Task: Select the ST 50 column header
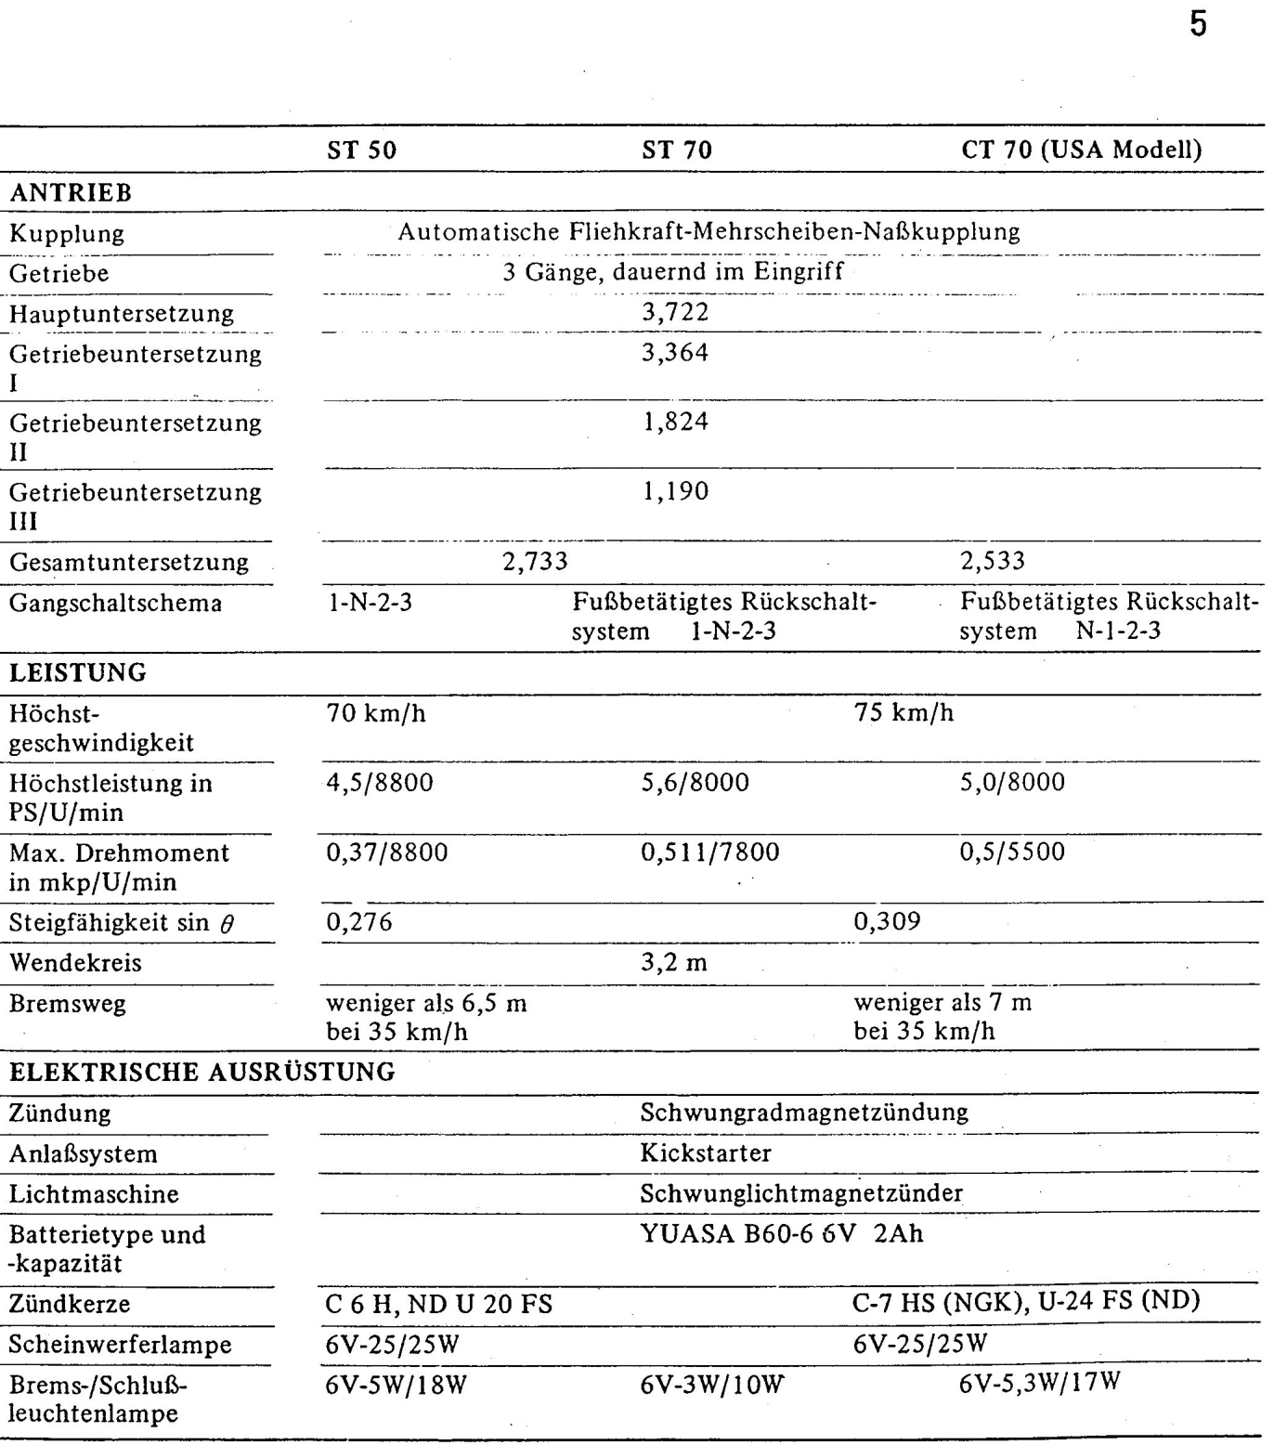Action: tap(361, 150)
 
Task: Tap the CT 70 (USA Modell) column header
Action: tap(1081, 150)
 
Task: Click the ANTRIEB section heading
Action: tap(71, 193)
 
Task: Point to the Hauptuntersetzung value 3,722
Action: tap(675, 312)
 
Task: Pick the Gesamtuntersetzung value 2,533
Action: tap(993, 561)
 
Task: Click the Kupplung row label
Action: tap(67, 233)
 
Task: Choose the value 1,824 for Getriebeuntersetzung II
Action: tap(675, 422)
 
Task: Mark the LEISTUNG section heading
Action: tap(78, 672)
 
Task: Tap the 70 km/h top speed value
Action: tap(376, 713)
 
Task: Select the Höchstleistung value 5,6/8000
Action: tap(695, 783)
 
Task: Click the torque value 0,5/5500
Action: tap(1012, 852)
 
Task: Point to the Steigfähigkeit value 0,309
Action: tap(887, 921)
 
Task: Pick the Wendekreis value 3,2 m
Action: tap(674, 962)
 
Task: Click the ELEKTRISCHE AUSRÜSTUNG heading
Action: tap(202, 1072)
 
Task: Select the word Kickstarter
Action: tap(706, 1153)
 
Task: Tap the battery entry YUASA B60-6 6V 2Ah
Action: tap(782, 1234)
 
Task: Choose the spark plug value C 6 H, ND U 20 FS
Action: tap(438, 1305)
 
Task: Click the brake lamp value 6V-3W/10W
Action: tap(711, 1386)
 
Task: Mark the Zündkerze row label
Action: tap(70, 1304)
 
